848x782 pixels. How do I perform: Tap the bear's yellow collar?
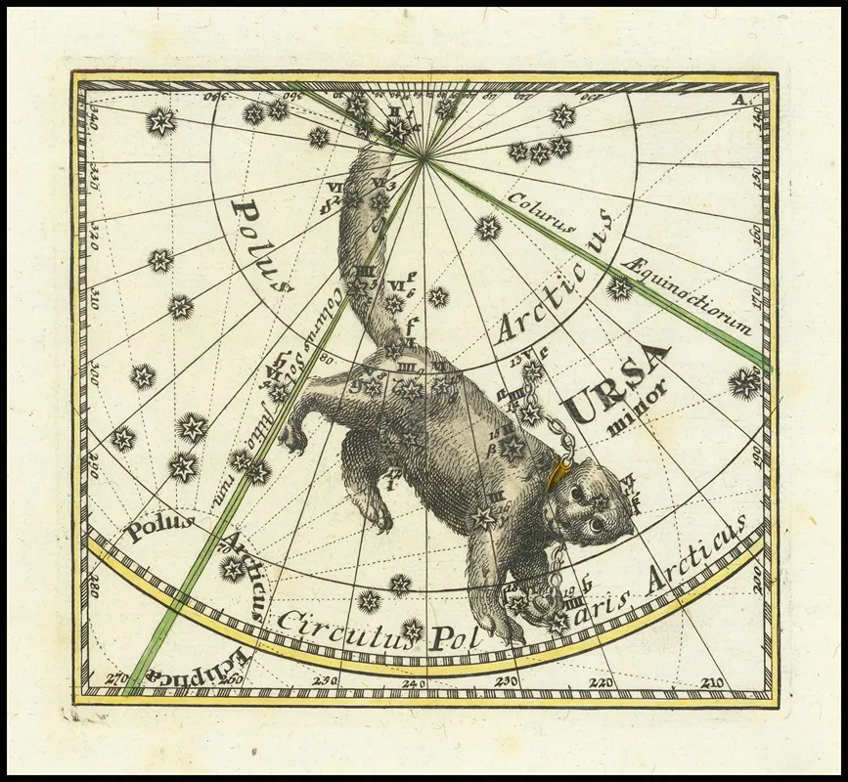point(558,473)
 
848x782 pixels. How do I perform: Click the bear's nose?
point(623,535)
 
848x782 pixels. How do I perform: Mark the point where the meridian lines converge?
point(424,156)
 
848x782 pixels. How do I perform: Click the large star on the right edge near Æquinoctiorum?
point(744,383)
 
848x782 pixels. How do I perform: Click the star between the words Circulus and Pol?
point(412,630)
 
